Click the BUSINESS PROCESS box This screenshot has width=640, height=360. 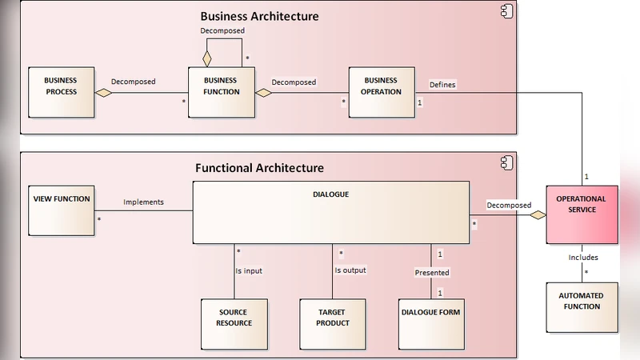(61, 93)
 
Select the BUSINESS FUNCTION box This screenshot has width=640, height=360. (222, 93)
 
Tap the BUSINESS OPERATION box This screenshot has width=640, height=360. (382, 93)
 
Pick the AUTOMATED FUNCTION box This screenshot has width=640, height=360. (582, 306)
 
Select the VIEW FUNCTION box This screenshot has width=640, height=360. (61, 210)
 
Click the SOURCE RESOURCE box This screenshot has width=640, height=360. (234, 323)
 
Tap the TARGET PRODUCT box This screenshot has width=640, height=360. (333, 323)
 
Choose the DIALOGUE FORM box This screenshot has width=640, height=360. (430, 323)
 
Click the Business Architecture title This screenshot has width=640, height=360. (259, 16)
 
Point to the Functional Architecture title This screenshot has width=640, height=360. (259, 168)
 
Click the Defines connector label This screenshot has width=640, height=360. (442, 84)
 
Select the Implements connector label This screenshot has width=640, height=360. (143, 202)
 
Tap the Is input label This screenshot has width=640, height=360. (249, 270)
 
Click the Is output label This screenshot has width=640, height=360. (350, 270)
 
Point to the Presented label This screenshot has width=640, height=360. (431, 273)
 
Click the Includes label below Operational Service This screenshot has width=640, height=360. (582, 258)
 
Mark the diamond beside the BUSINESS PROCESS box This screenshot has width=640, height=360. (103, 93)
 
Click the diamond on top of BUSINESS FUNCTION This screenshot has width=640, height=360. (207, 58)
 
